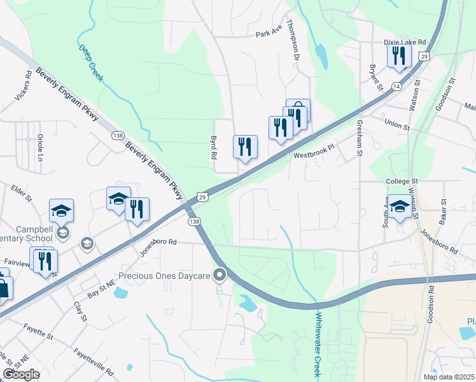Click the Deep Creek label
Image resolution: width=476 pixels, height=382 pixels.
coord(90,63)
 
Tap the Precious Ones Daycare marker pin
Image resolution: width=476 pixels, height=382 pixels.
coord(220,275)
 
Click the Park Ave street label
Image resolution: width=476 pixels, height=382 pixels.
coord(269,34)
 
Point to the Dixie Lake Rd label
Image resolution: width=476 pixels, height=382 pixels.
coord(405,42)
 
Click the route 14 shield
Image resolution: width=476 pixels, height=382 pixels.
coord(396,85)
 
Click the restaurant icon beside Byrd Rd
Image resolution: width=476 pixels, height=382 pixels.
coord(245,147)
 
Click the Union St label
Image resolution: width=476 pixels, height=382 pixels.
coord(397,125)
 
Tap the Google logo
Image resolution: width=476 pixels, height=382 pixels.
coord(21,374)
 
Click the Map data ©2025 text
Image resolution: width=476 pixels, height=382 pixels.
coord(449,377)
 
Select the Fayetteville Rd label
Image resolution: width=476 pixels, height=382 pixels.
coord(93,360)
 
